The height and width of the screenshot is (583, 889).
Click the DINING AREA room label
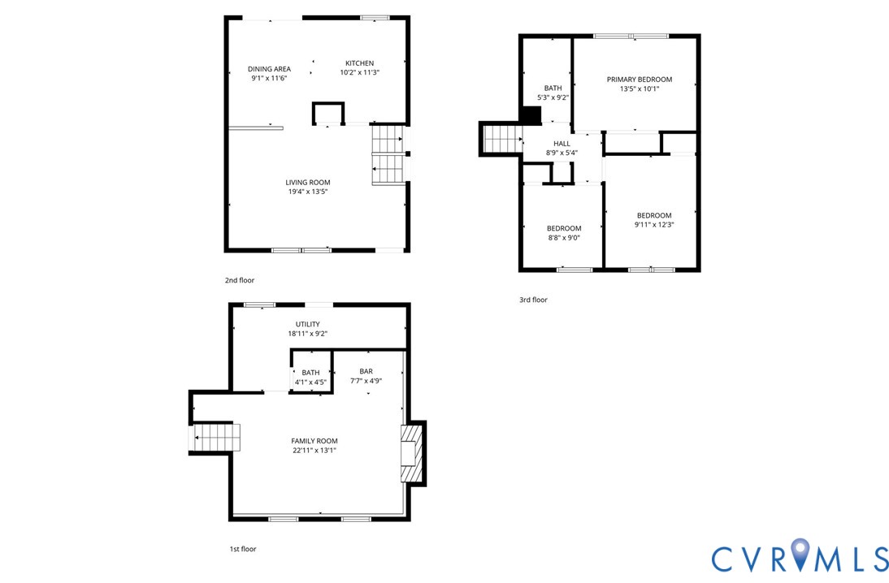tap(269, 69)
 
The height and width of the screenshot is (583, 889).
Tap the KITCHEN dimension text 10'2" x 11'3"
tap(359, 73)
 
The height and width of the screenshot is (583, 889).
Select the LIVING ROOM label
tap(307, 182)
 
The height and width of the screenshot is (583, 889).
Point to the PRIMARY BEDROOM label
tap(639, 79)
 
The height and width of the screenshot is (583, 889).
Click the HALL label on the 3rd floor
tap(562, 143)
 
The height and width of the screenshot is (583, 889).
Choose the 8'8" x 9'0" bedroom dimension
tap(563, 238)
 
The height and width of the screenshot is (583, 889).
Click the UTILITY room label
tap(307, 324)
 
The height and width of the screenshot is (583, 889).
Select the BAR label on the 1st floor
tap(366, 371)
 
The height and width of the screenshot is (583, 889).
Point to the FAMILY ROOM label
tap(314, 441)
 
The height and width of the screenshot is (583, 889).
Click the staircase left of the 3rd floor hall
tap(501, 138)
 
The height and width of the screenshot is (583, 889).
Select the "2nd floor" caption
tap(240, 280)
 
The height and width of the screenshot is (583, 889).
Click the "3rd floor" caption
tap(533, 300)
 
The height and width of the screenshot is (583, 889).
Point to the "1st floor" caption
tap(242, 549)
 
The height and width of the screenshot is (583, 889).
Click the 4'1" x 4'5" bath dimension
tap(310, 382)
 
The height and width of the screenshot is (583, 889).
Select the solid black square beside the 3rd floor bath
tap(531, 116)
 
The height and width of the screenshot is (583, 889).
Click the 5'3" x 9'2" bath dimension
tap(553, 97)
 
